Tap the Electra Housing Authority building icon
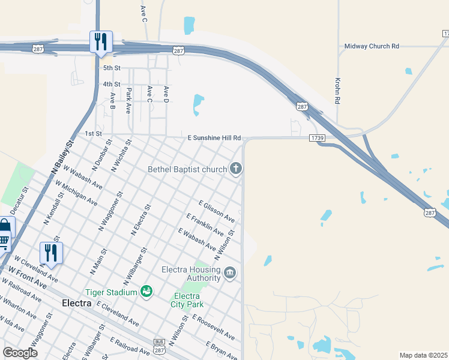(x=230, y=274)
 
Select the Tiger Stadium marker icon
(x=146, y=292)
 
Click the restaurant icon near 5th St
(x=100, y=41)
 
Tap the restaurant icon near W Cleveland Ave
(x=51, y=253)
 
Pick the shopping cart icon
(x=4, y=241)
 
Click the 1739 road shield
(x=318, y=138)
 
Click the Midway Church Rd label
(x=372, y=46)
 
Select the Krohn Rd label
(x=337, y=91)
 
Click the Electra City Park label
(x=187, y=300)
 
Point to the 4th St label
(x=111, y=84)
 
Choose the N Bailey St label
(x=62, y=158)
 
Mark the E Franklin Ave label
(x=205, y=224)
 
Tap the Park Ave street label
(x=128, y=101)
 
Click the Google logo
(x=20, y=353)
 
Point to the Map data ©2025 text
(x=424, y=355)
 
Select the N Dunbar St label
(x=101, y=154)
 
